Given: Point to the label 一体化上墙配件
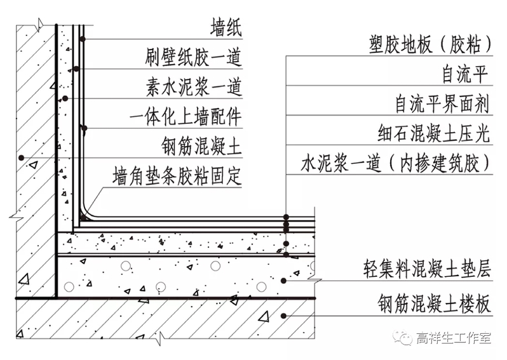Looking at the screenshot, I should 185,117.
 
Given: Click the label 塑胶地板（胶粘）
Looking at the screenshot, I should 430,44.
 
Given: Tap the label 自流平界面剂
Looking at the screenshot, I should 442,103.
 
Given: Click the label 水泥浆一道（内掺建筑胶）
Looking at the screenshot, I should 396,164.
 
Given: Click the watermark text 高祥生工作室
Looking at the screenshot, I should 452,338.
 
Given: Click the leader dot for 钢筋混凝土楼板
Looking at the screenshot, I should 284,314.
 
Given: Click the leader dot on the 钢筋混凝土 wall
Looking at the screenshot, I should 21,157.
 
